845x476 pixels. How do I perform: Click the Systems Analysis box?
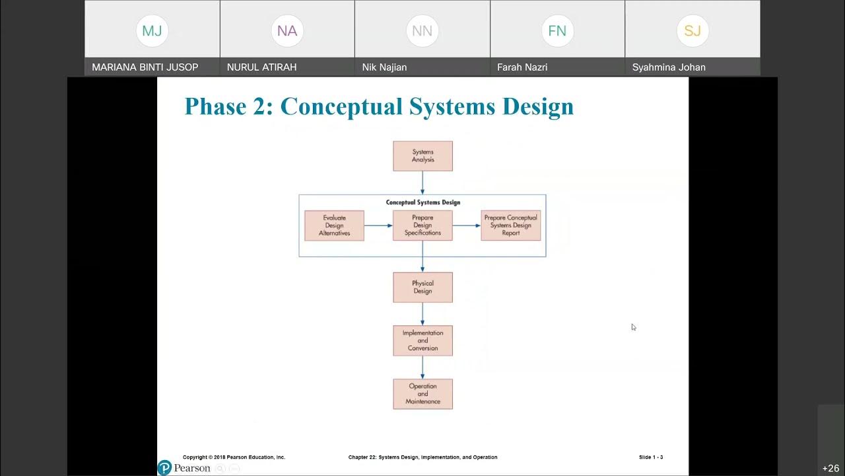pyautogui.click(x=422, y=156)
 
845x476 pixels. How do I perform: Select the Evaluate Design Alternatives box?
pyautogui.click(x=334, y=225)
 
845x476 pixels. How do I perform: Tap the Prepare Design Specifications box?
pyautogui.click(x=422, y=225)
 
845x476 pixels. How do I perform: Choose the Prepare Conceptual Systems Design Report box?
pyautogui.click(x=510, y=225)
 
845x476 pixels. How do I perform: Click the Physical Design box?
pyautogui.click(x=422, y=288)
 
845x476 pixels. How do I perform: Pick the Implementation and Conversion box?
pyautogui.click(x=422, y=341)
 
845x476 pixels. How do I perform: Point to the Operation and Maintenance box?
pyautogui.click(x=422, y=394)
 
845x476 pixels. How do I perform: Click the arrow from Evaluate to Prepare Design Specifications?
pyautogui.click(x=378, y=225)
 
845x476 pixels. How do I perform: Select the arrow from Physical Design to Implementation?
pyautogui.click(x=422, y=314)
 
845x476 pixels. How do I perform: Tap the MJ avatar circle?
pyautogui.click(x=152, y=31)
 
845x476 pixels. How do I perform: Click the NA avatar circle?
pyautogui.click(x=287, y=31)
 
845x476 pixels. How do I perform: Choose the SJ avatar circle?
pyautogui.click(x=693, y=31)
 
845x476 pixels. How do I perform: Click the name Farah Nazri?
pyautogui.click(x=522, y=67)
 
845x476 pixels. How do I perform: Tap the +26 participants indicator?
pyautogui.click(x=830, y=468)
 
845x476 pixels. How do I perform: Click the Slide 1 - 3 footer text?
pyautogui.click(x=650, y=457)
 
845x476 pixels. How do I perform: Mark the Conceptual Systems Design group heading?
pyautogui.click(x=422, y=202)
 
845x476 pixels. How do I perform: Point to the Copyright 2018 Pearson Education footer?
pyautogui.click(x=234, y=457)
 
